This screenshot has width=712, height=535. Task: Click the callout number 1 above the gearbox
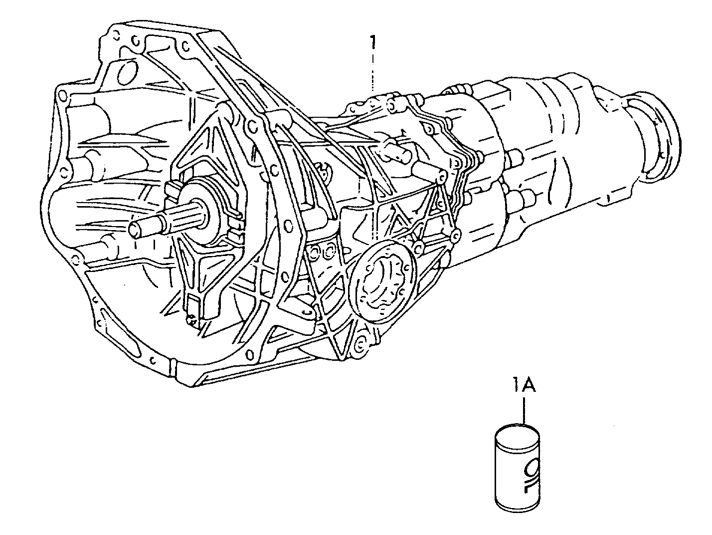(x=373, y=42)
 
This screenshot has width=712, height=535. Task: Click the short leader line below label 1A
(x=524, y=411)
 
